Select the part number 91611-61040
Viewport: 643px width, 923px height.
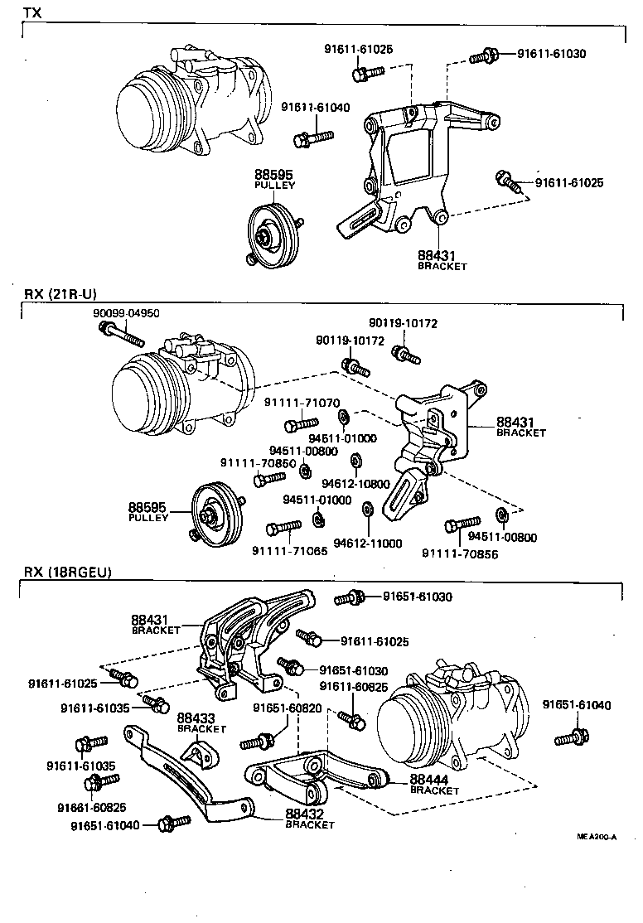coord(315,107)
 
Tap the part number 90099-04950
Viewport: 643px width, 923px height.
coord(126,314)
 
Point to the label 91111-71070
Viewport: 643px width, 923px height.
coord(302,403)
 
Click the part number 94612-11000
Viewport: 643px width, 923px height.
coord(367,544)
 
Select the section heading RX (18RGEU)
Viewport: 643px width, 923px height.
coord(67,572)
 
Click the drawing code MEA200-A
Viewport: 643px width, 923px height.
coord(597,837)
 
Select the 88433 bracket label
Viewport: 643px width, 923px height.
coord(201,722)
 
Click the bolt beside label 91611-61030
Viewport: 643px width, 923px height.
coord(483,56)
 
